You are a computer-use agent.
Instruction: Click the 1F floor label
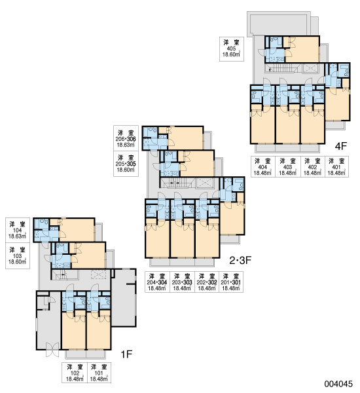click(x=126, y=354)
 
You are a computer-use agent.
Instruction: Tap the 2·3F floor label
click(x=240, y=261)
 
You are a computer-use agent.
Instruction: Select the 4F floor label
click(x=341, y=146)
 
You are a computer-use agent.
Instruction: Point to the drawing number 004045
click(x=338, y=384)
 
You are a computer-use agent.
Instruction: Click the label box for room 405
click(x=232, y=49)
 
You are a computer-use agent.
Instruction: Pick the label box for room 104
click(x=18, y=230)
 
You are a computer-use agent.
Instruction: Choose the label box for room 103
click(x=18, y=255)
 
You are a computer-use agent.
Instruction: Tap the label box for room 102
click(x=75, y=373)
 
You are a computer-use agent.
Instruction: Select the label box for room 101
click(x=99, y=373)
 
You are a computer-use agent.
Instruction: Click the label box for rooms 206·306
click(x=126, y=138)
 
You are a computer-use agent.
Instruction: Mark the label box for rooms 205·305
click(x=126, y=164)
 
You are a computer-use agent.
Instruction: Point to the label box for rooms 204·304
click(x=157, y=282)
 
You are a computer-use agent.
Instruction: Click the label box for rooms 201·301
click(x=231, y=282)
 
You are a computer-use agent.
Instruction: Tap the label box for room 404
click(x=262, y=166)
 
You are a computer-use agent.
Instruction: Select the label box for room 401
click(x=336, y=166)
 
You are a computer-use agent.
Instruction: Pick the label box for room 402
click(x=312, y=166)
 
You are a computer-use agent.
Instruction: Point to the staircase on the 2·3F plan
click(x=176, y=183)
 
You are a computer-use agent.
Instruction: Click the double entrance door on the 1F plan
click(x=52, y=350)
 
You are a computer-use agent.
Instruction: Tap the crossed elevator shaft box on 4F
click(x=311, y=68)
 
